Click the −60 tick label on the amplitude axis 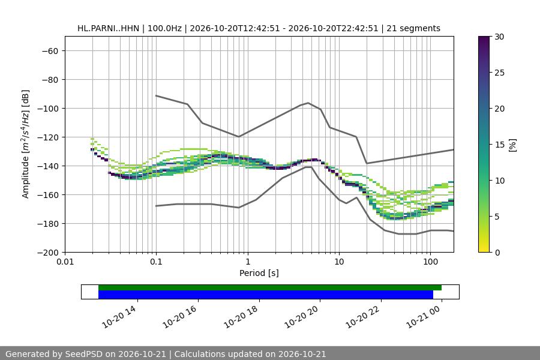coord(50,51)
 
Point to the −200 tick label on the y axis coord(48,253)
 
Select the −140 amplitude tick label coord(48,166)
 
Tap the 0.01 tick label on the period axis coord(65,262)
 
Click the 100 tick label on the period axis coord(430,262)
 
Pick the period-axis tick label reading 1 coord(248,262)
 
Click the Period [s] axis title coord(259,273)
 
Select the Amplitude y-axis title coord(25,144)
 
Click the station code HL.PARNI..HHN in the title coord(108,28)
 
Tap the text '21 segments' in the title coord(413,28)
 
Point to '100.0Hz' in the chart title coord(164,28)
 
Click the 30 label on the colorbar coord(499,37)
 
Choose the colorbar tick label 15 coord(499,145)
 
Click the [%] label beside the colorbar coord(513,145)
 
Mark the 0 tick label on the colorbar coord(497,253)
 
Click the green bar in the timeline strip coord(270,287)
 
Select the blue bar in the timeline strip coord(266,295)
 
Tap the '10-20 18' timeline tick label coord(241,317)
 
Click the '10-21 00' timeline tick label coord(423,317)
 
